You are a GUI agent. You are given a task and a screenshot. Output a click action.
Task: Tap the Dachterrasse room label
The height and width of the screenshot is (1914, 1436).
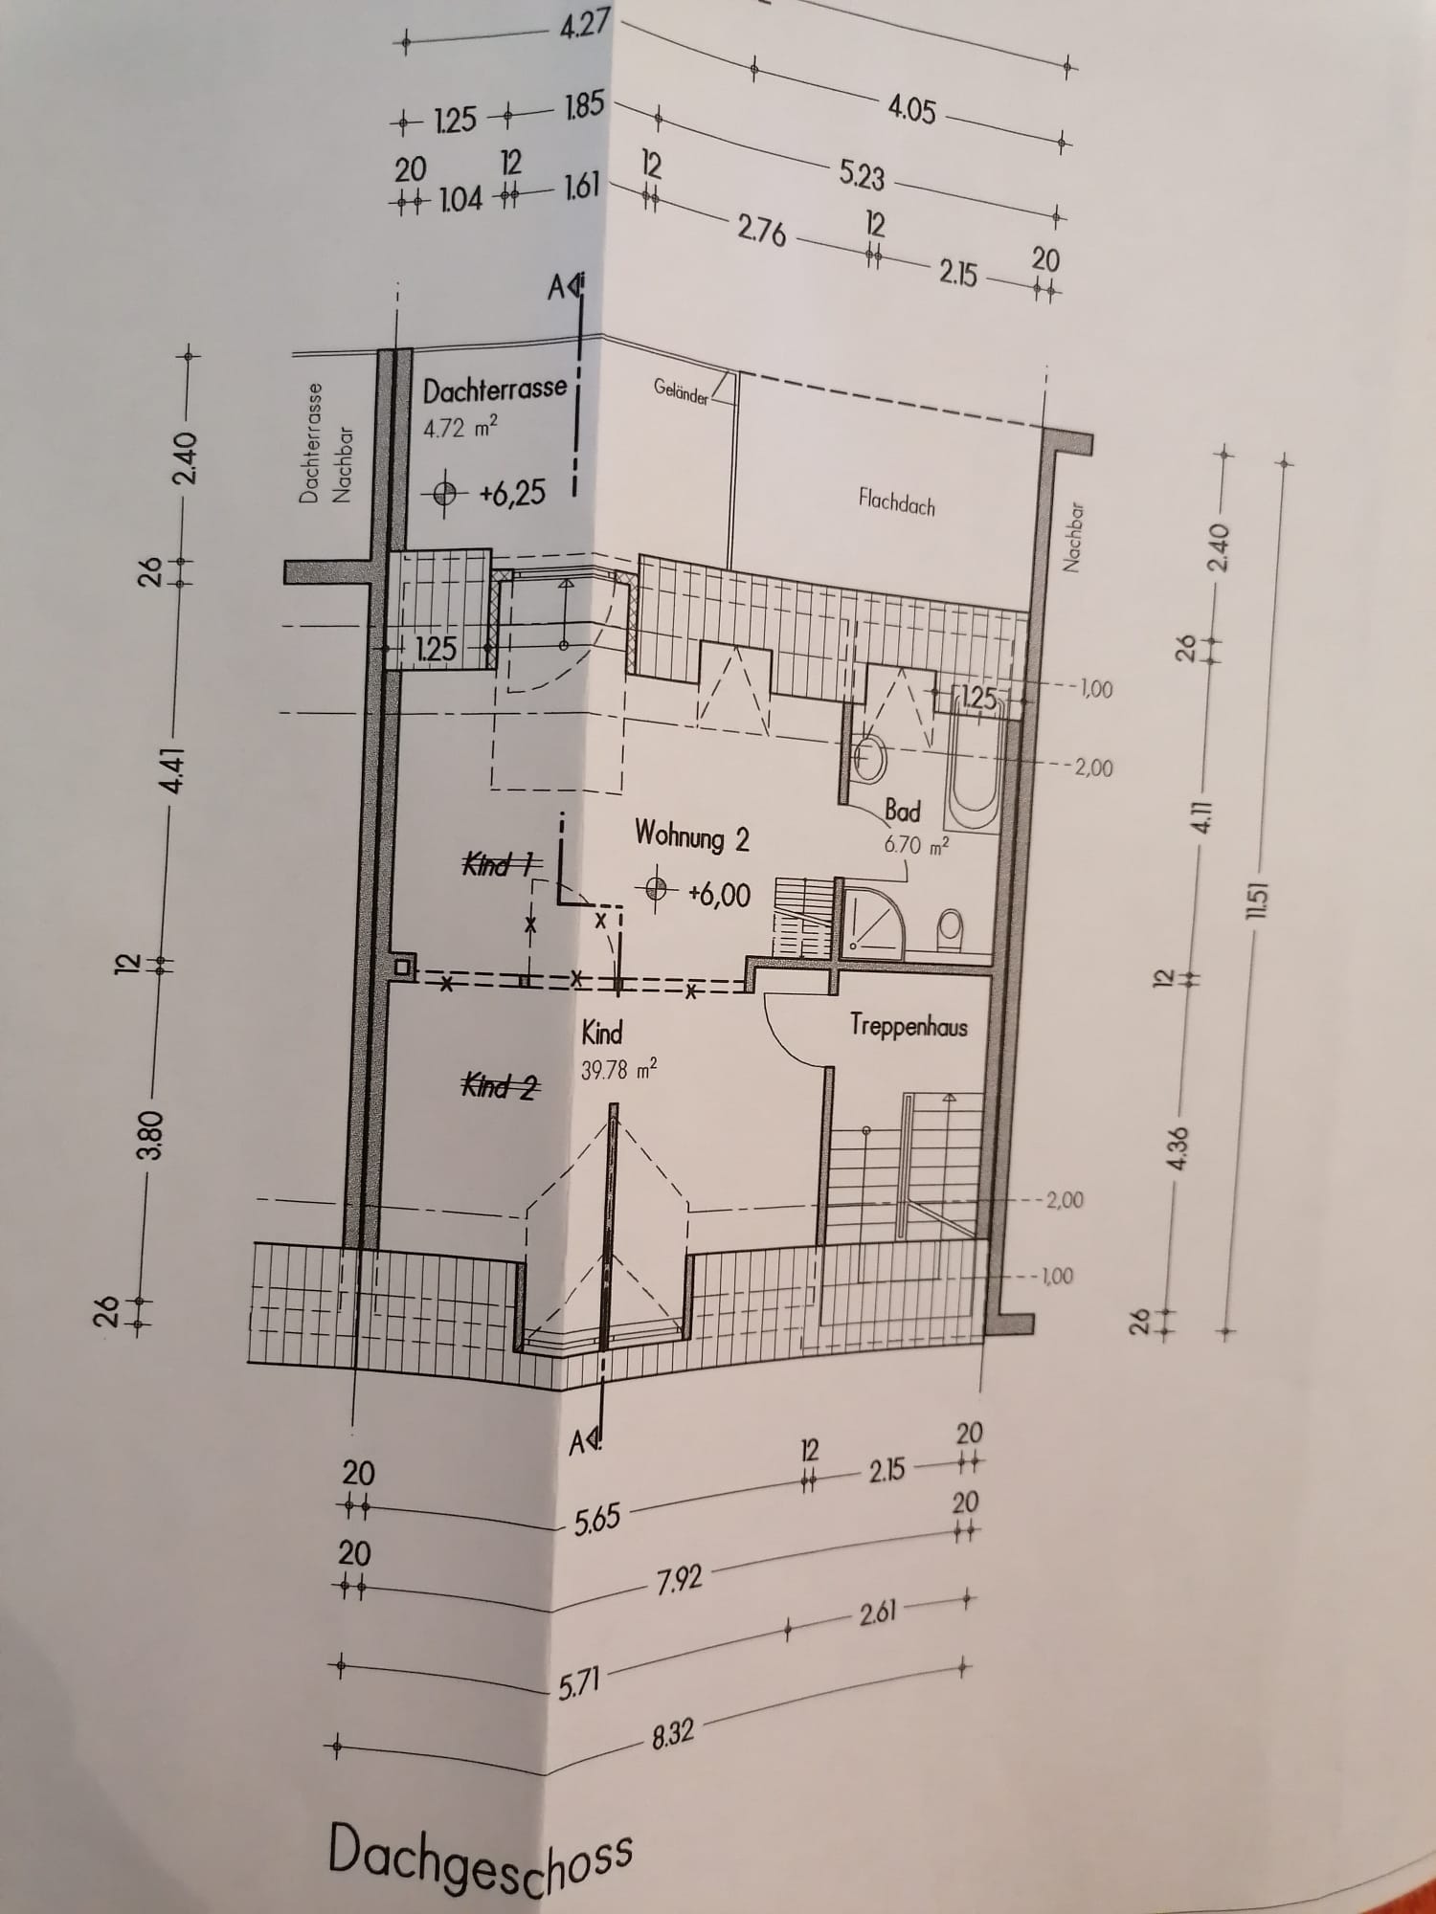[495, 389]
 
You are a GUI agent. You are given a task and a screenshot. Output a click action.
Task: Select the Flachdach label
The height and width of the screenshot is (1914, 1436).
[897, 501]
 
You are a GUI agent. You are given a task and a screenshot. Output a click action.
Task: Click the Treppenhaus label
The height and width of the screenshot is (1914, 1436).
[909, 1026]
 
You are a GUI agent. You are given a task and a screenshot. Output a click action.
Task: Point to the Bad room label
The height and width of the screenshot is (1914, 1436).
[902, 812]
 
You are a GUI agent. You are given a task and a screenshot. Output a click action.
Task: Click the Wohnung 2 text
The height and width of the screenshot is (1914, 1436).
[691, 836]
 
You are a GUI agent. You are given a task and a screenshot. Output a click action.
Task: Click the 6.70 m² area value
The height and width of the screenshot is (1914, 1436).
[916, 845]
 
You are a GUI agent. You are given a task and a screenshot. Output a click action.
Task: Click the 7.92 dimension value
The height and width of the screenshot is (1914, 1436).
[679, 1580]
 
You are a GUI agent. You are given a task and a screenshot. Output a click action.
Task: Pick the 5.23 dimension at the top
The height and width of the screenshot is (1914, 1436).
[862, 175]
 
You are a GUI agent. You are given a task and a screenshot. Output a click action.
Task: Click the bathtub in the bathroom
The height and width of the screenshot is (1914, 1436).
[975, 761]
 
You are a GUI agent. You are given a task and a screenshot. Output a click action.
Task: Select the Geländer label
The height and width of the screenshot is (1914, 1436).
[682, 392]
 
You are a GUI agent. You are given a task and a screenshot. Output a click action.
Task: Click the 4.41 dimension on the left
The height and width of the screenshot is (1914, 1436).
[174, 769]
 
